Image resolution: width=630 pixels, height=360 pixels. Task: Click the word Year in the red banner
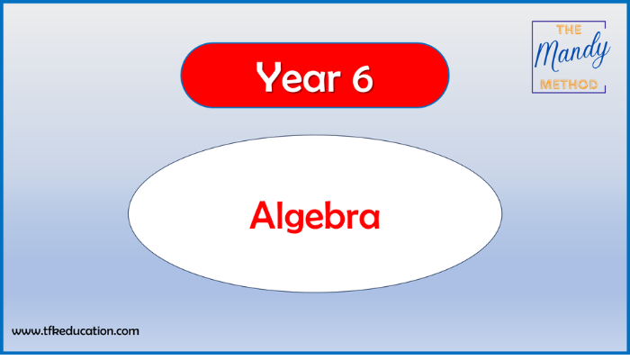(x=298, y=77)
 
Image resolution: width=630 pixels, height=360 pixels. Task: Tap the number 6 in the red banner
(x=363, y=77)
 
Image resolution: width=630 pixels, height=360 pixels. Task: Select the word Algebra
(x=315, y=216)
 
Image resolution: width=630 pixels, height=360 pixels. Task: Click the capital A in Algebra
(x=263, y=215)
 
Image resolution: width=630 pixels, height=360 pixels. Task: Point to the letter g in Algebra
(x=298, y=220)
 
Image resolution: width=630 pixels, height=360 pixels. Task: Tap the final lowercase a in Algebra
(x=369, y=219)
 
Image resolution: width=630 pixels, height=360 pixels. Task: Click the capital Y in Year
(x=270, y=76)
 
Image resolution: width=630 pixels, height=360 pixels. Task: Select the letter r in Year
(x=334, y=81)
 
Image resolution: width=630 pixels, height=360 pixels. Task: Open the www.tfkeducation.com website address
(x=76, y=331)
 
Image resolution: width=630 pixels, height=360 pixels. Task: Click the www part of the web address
(x=26, y=332)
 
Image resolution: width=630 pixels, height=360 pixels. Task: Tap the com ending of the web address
(x=128, y=332)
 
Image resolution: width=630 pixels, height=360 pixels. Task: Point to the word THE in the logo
(x=569, y=30)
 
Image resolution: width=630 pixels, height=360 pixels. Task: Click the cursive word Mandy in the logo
(x=571, y=52)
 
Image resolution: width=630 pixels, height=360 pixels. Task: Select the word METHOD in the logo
(x=569, y=85)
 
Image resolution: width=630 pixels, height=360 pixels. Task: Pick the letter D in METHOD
(x=592, y=85)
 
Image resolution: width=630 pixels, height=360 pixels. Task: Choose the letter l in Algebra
(x=281, y=215)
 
